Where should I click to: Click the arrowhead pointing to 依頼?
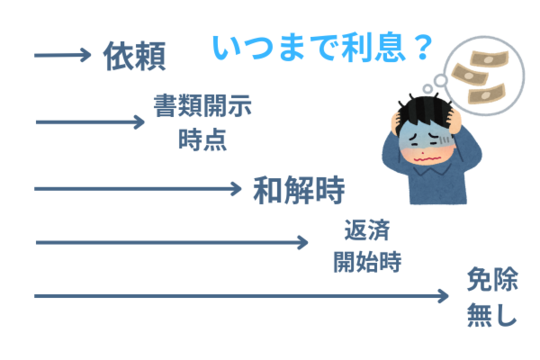click(x=88, y=55)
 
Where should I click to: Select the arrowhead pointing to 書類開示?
click(x=139, y=122)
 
